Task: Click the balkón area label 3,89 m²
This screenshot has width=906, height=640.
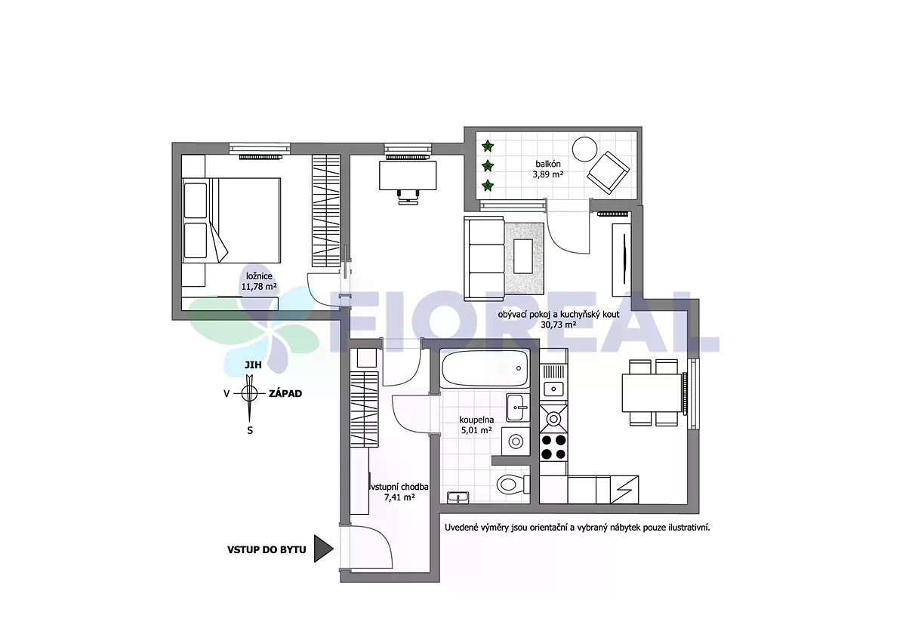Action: click(548, 174)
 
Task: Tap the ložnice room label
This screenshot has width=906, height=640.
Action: click(259, 276)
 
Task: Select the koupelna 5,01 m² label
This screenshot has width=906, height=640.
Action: click(476, 425)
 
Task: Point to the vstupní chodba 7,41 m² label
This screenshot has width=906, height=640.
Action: click(399, 492)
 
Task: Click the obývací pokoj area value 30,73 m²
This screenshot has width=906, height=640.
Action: click(559, 325)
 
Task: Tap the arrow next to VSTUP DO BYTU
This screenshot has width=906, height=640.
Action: click(324, 549)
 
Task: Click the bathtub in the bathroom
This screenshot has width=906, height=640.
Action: click(485, 368)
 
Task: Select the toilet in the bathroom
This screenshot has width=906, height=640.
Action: click(513, 484)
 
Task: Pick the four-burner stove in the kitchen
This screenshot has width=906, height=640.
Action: click(553, 447)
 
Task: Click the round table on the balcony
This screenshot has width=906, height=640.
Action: click(585, 149)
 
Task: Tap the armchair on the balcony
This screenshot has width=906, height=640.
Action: click(609, 173)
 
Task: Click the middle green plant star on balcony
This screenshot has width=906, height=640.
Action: click(488, 165)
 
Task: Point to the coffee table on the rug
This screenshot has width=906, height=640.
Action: click(523, 256)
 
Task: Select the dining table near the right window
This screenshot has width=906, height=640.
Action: click(652, 392)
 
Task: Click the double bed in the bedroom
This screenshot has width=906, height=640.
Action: click(231, 220)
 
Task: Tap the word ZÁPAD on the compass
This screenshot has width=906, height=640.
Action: click(285, 393)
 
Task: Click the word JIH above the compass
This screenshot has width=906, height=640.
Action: click(253, 365)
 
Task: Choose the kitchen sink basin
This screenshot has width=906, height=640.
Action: click(553, 389)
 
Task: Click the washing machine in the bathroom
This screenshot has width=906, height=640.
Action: click(516, 441)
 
